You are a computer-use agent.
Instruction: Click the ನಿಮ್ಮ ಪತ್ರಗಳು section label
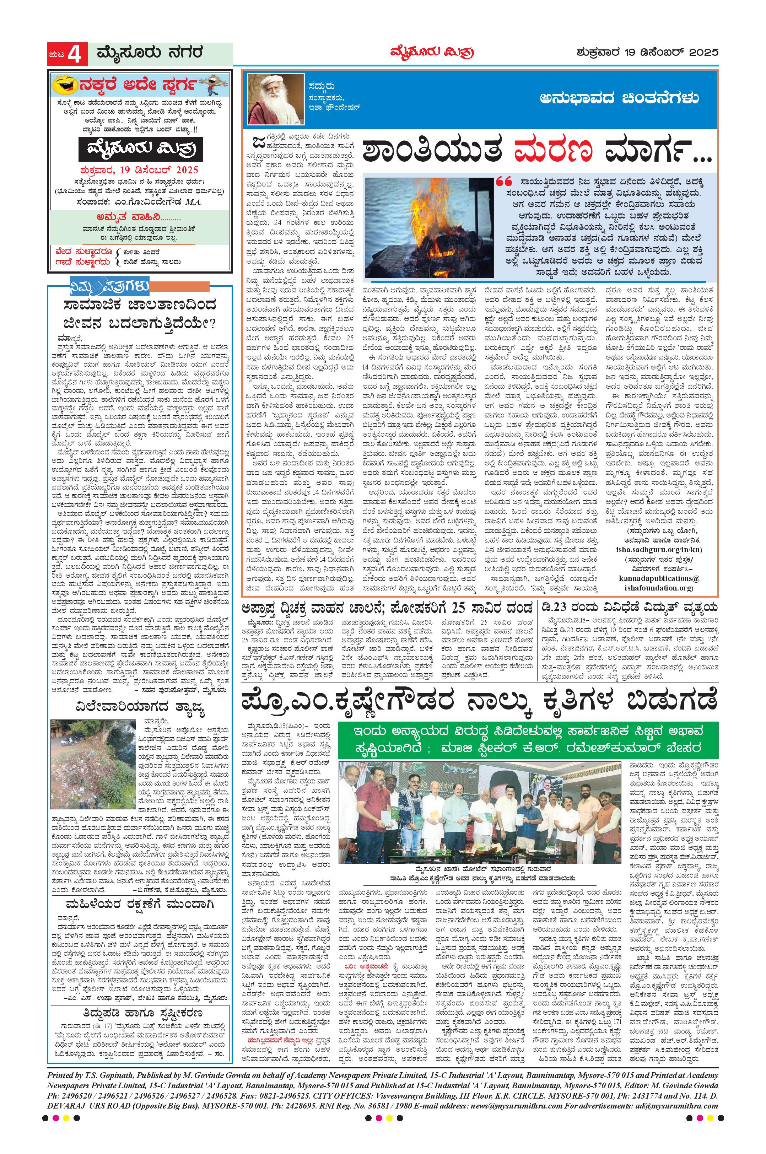(109, 286)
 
